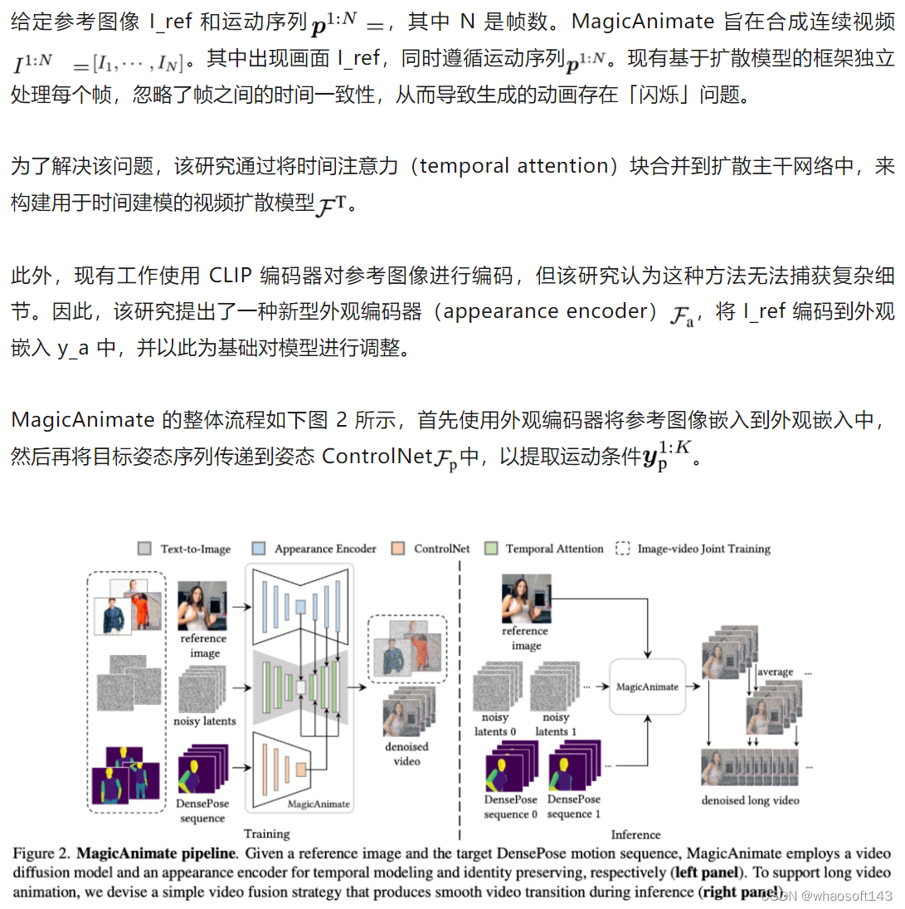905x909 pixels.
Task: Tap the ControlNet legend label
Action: (441, 549)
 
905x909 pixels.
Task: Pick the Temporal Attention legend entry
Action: (554, 549)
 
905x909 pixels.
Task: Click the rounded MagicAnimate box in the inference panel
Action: (647, 687)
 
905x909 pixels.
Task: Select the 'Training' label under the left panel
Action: (266, 833)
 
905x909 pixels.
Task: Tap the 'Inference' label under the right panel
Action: (635, 834)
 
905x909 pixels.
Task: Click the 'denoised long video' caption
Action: (749, 800)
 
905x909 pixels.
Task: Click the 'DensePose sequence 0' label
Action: (510, 806)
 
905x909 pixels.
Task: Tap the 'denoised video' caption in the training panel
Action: (406, 753)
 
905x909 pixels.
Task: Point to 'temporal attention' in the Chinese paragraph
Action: (514, 165)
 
